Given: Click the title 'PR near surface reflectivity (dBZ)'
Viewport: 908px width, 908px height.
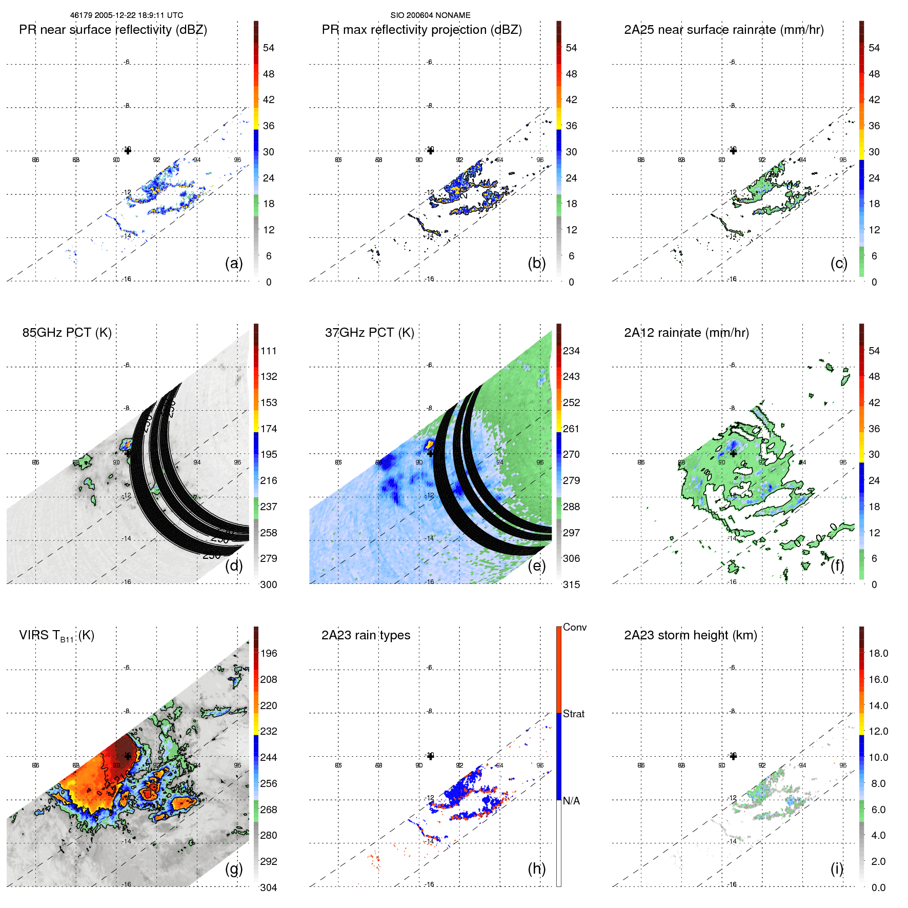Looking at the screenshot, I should [113, 30].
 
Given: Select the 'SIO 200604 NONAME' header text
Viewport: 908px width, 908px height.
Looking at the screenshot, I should [430, 15].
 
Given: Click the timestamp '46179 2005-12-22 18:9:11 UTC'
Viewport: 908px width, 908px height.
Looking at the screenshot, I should [127, 15].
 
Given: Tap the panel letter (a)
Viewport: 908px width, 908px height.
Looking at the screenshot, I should [234, 263].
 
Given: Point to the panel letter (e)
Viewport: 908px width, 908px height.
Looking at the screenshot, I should [536, 566].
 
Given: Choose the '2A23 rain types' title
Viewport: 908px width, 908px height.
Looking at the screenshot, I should [366, 635].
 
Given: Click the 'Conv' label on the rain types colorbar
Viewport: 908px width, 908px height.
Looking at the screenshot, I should [574, 627].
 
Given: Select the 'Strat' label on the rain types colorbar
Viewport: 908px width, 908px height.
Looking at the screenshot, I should [573, 714].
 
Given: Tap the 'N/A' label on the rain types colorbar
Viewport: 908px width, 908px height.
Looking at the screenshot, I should [571, 801].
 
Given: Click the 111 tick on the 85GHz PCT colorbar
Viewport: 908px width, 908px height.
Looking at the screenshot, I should [268, 351].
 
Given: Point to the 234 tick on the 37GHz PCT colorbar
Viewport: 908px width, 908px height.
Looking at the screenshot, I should [571, 351].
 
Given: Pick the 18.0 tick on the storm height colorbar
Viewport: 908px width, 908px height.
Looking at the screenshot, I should [878, 653].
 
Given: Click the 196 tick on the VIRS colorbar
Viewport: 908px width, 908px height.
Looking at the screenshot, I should [268, 653].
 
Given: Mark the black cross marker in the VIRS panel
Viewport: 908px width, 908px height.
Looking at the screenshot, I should [128, 756].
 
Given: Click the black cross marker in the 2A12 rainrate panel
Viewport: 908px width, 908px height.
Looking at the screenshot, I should [733, 453].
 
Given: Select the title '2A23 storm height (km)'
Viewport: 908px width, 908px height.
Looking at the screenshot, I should [690, 635].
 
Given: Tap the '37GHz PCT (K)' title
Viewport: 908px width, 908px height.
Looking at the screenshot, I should [369, 333].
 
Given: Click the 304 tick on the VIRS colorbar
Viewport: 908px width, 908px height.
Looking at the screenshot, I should [268, 887].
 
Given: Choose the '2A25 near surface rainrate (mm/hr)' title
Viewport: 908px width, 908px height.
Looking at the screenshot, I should [723, 30].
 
